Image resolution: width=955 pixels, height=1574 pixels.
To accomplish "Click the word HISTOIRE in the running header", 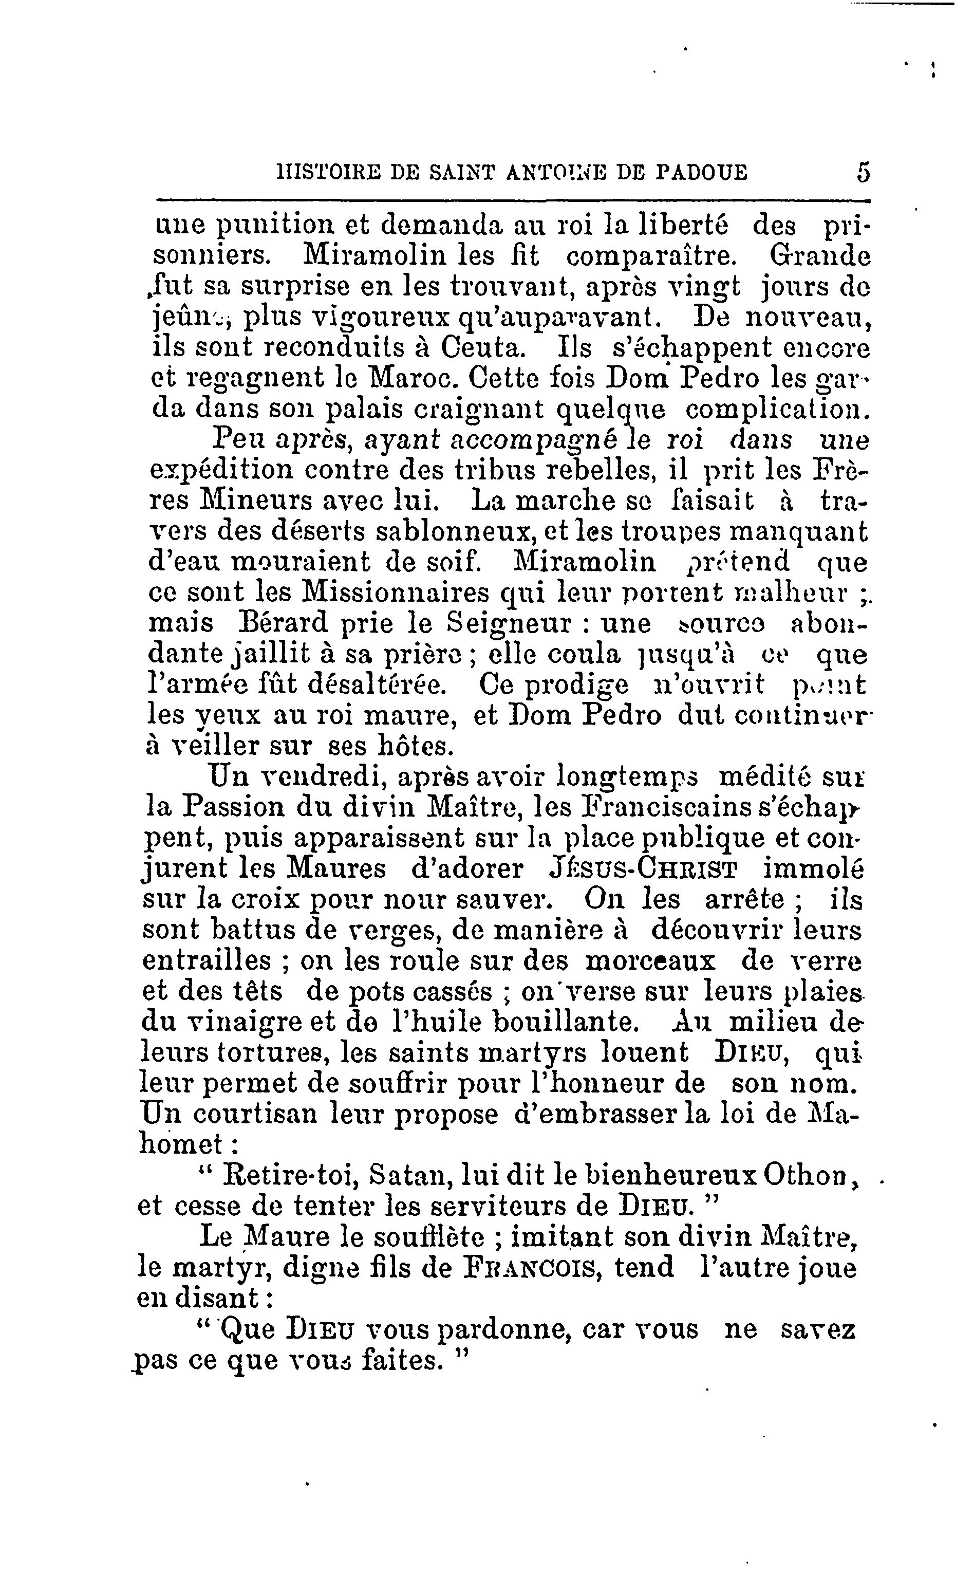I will (x=327, y=173).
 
